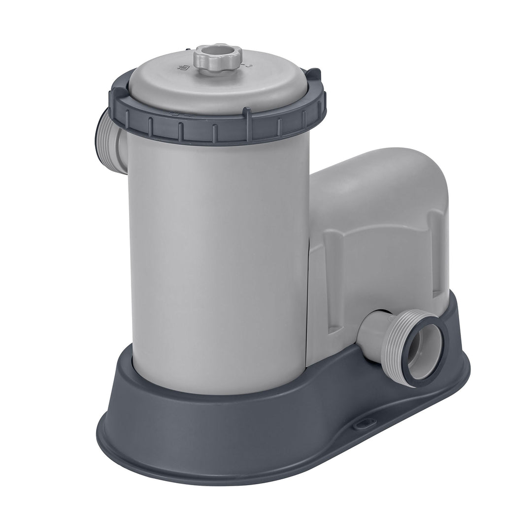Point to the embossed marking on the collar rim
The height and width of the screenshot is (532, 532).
tap(174, 113)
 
